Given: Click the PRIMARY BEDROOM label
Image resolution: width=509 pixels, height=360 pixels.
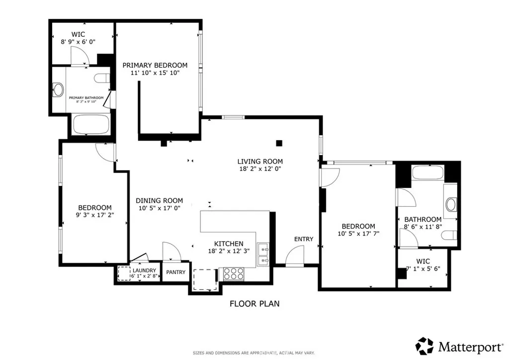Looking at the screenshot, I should (155, 65).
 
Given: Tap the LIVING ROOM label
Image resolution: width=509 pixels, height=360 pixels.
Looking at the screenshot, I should (260, 161).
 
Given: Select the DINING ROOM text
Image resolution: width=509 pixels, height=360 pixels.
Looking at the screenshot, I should (160, 201).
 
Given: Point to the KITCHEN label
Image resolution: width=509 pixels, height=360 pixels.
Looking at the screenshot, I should (229, 244).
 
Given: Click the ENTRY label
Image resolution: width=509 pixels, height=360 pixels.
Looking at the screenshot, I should (304, 239).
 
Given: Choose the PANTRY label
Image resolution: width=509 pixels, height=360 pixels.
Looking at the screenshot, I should (175, 272).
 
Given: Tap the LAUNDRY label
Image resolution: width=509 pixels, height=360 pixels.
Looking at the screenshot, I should (144, 270).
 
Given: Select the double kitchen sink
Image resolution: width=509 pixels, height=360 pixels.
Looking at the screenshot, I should (263, 254).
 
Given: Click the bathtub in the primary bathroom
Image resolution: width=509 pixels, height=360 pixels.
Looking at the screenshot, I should (91, 124).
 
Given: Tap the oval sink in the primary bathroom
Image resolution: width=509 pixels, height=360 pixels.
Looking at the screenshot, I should (59, 90).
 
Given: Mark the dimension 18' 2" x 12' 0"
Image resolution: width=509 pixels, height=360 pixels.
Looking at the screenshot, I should (260, 169).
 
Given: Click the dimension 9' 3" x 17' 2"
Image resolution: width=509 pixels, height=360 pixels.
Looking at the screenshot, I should (94, 216).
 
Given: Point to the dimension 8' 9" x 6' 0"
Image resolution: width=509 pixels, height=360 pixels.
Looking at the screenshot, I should (78, 42).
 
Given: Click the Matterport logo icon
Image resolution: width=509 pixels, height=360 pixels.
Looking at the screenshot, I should (424, 346).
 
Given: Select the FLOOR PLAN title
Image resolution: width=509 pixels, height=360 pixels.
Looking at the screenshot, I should (254, 303).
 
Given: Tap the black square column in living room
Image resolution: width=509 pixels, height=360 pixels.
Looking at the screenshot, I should (279, 144).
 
